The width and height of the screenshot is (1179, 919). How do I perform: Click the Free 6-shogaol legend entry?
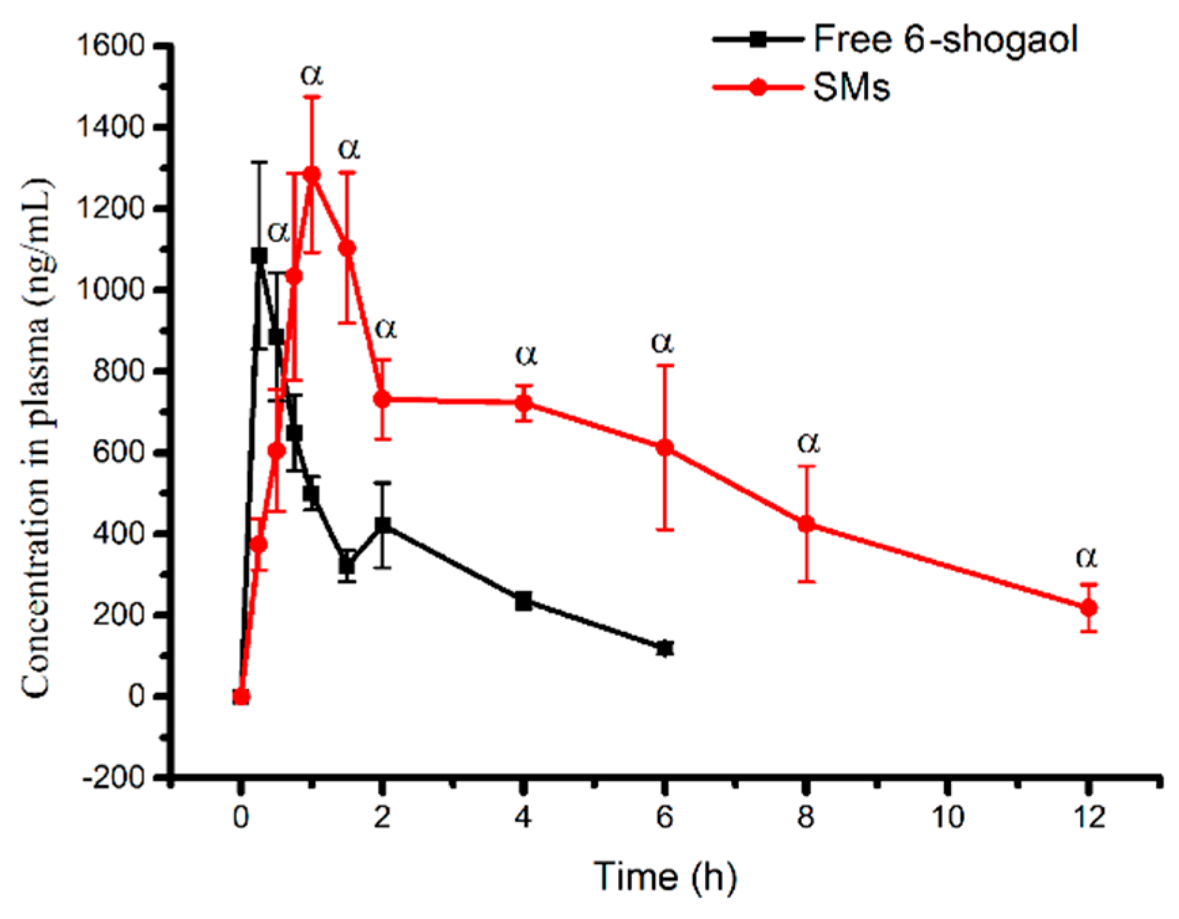pos(943,39)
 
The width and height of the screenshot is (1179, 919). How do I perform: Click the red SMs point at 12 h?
pos(1088,607)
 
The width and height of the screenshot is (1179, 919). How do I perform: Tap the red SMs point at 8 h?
pos(806,523)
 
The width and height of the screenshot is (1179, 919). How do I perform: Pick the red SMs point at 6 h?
pos(665,447)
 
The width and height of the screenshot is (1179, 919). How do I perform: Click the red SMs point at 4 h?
pos(523,403)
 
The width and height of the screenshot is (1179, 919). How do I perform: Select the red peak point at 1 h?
pos(312,174)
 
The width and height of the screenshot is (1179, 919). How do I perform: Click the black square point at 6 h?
pos(665,648)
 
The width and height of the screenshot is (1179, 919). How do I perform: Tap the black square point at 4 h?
pos(523,601)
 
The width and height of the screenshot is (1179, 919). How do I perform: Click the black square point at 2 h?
pos(383,525)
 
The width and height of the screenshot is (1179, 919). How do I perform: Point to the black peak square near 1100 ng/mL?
pos(259,255)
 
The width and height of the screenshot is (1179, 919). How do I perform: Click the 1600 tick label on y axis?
pos(111,46)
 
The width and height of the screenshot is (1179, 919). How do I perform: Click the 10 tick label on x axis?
pos(947,817)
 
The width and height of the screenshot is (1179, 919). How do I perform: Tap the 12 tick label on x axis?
pos(1089,817)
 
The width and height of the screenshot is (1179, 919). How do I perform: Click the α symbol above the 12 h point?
pos(1086,557)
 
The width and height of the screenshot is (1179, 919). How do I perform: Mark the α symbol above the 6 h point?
pos(662,342)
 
